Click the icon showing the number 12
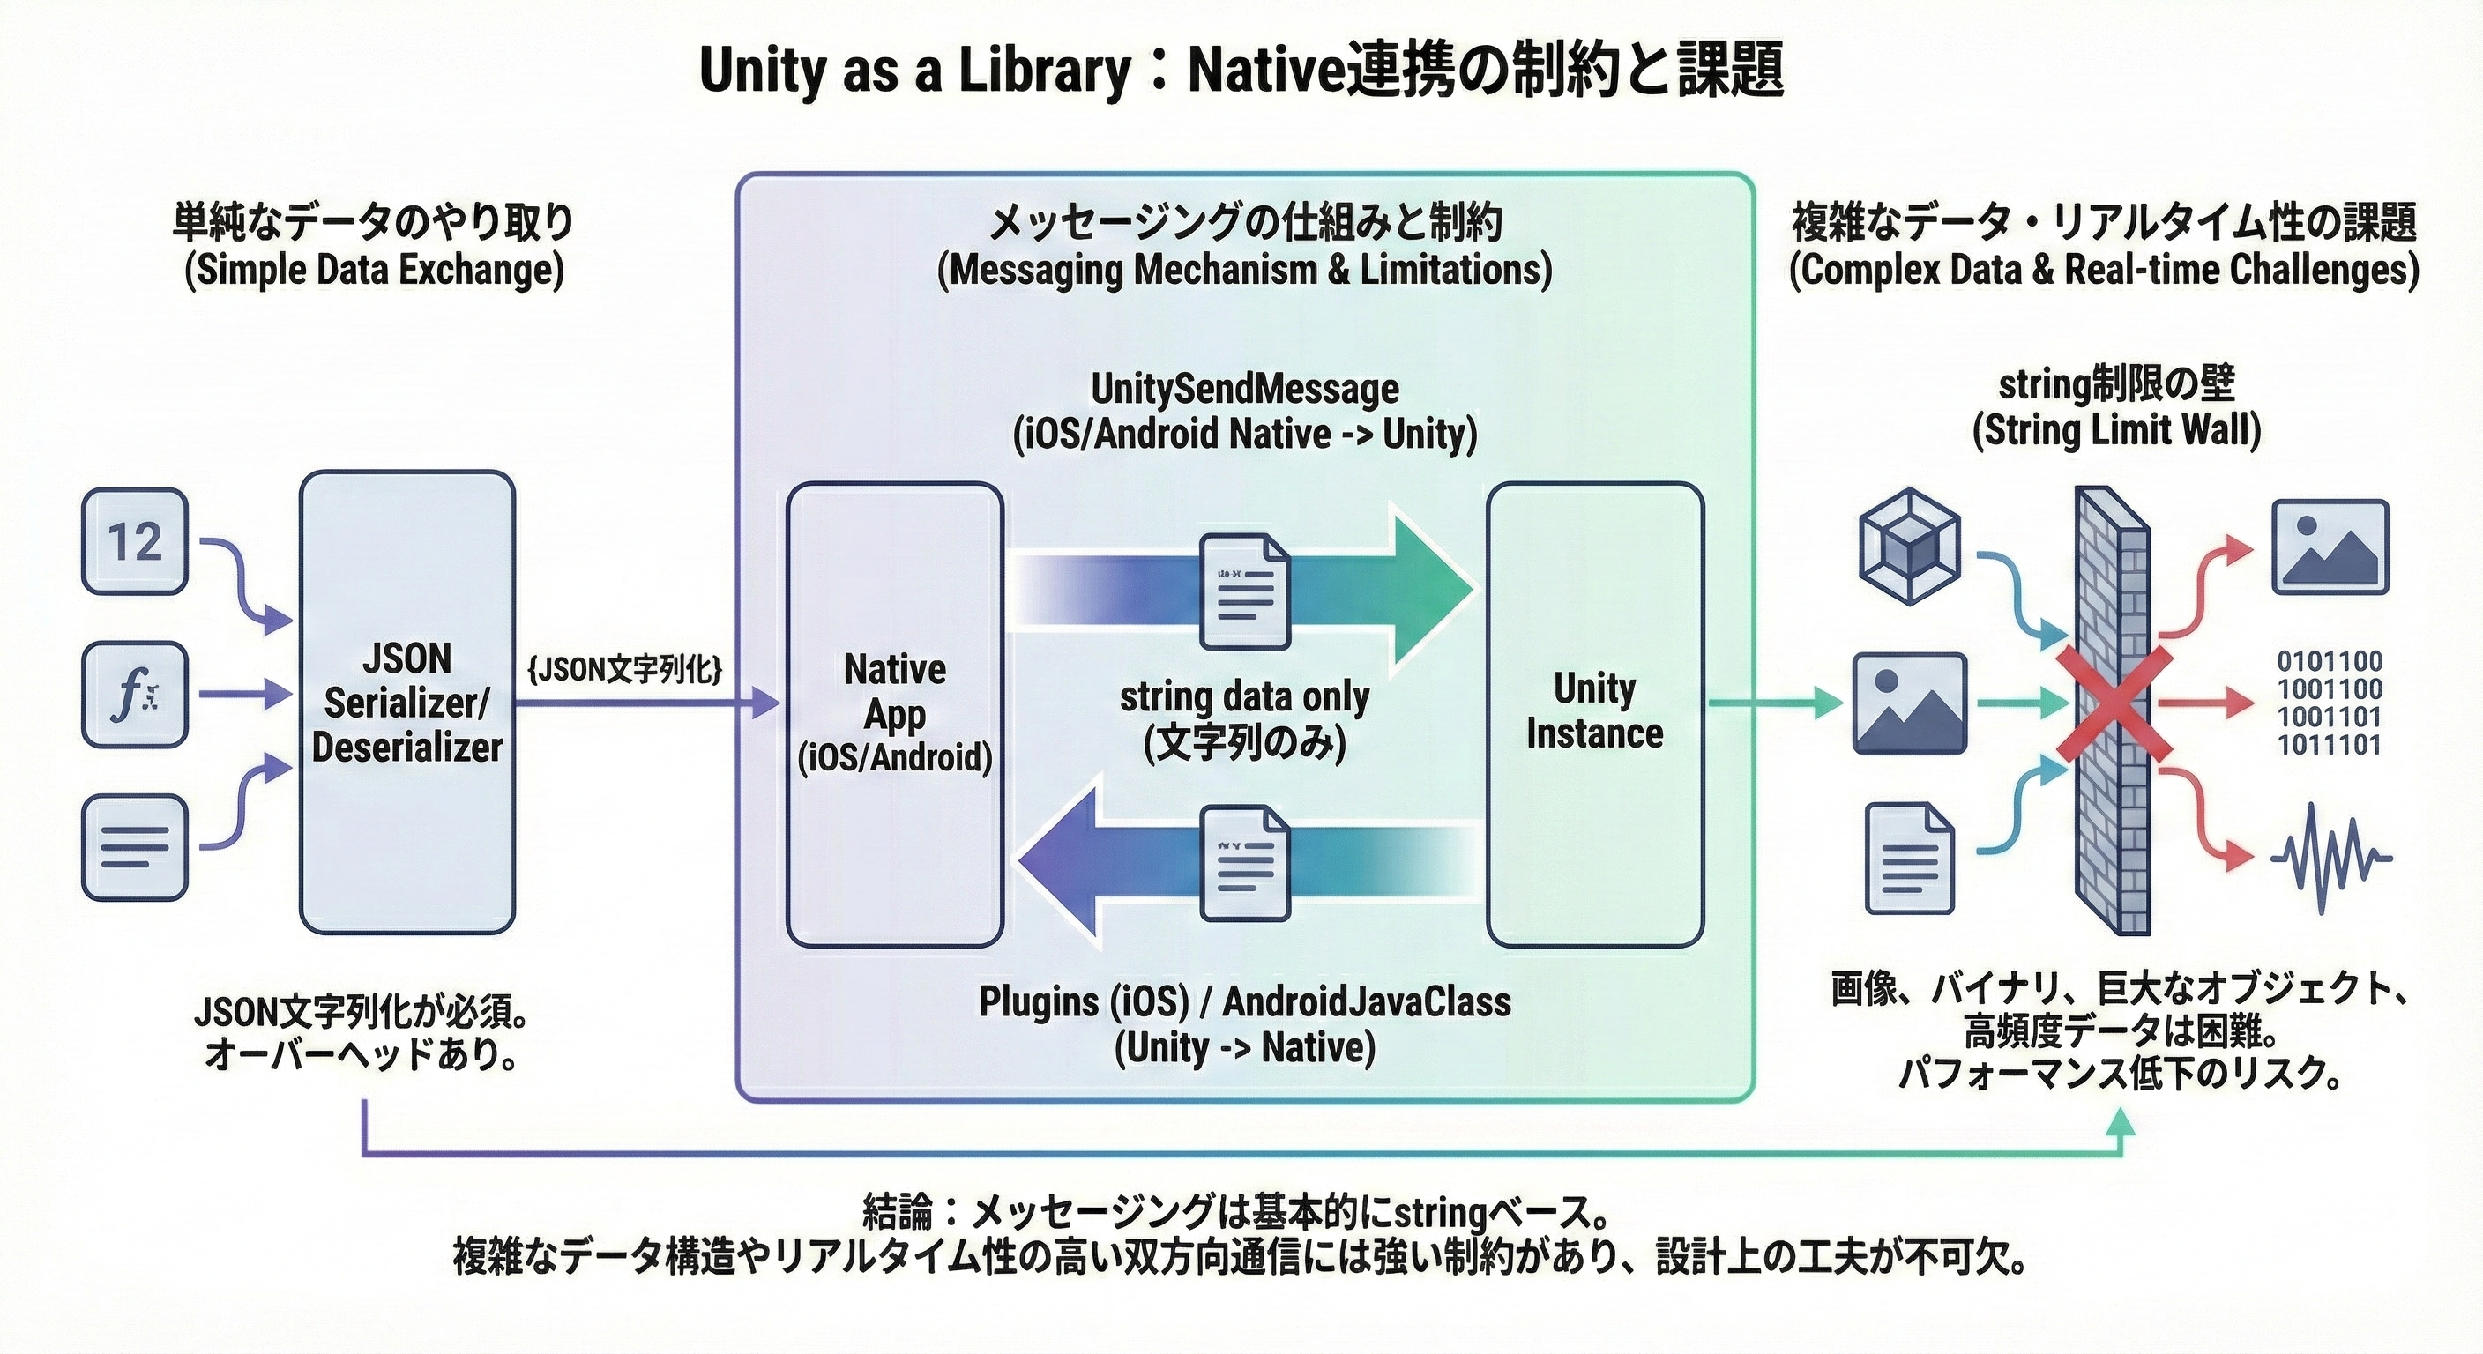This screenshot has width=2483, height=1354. [134, 541]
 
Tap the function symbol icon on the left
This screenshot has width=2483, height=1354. [134, 694]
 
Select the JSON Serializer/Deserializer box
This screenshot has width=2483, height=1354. [406, 702]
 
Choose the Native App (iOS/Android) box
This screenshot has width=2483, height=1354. [894, 713]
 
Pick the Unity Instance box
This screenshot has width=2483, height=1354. [1594, 713]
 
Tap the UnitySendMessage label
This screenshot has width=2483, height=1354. [1244, 390]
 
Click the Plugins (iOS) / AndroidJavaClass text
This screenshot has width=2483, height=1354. [1244, 1002]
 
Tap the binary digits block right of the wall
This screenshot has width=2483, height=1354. [2329, 703]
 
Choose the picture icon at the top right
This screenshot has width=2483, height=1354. [2330, 547]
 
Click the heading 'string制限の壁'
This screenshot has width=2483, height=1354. [2117, 383]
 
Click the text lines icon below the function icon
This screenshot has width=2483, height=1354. [134, 848]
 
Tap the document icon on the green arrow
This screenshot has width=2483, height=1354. [1244, 590]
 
